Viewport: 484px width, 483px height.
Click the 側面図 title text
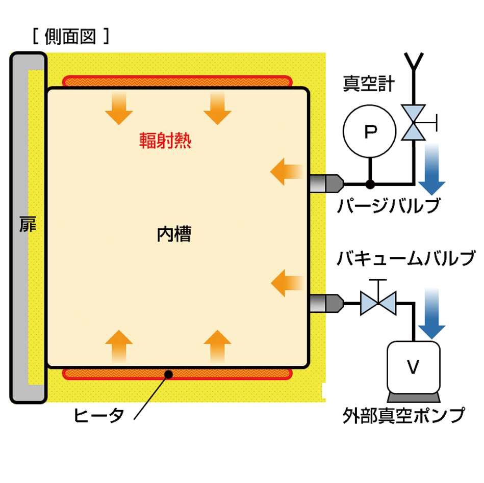pyautogui.click(x=70, y=37)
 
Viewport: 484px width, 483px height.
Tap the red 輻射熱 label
pyautogui.click(x=165, y=141)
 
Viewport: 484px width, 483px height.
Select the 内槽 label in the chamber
pyautogui.click(x=174, y=234)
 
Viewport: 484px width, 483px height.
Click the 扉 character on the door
pyautogui.click(x=28, y=224)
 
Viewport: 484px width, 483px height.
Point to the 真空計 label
pyautogui.click(x=369, y=84)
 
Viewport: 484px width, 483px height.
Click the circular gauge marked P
pyautogui.click(x=369, y=131)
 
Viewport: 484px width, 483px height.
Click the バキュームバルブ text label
pyautogui.click(x=405, y=258)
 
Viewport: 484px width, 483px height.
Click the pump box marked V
pyautogui.click(x=414, y=367)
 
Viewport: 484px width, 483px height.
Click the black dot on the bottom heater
pyautogui.click(x=168, y=374)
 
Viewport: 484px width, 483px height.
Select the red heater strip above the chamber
pyautogui.click(x=177, y=81)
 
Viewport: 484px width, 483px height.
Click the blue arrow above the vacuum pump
pyautogui.click(x=431, y=313)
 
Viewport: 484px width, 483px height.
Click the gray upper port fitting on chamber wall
pyautogui.click(x=326, y=184)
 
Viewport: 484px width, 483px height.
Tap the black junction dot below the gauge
pyautogui.click(x=370, y=184)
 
